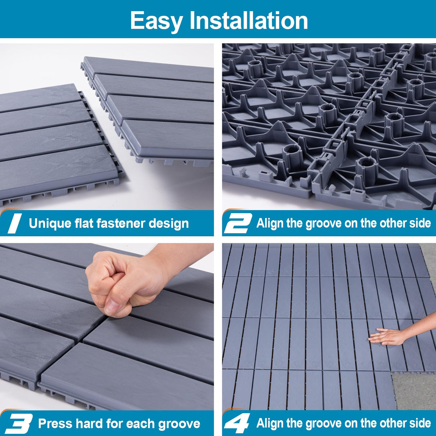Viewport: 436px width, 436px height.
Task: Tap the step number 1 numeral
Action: (14, 223)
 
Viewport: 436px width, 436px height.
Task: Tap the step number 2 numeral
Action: (237, 223)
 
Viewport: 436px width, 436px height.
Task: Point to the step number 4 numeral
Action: (237, 423)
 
